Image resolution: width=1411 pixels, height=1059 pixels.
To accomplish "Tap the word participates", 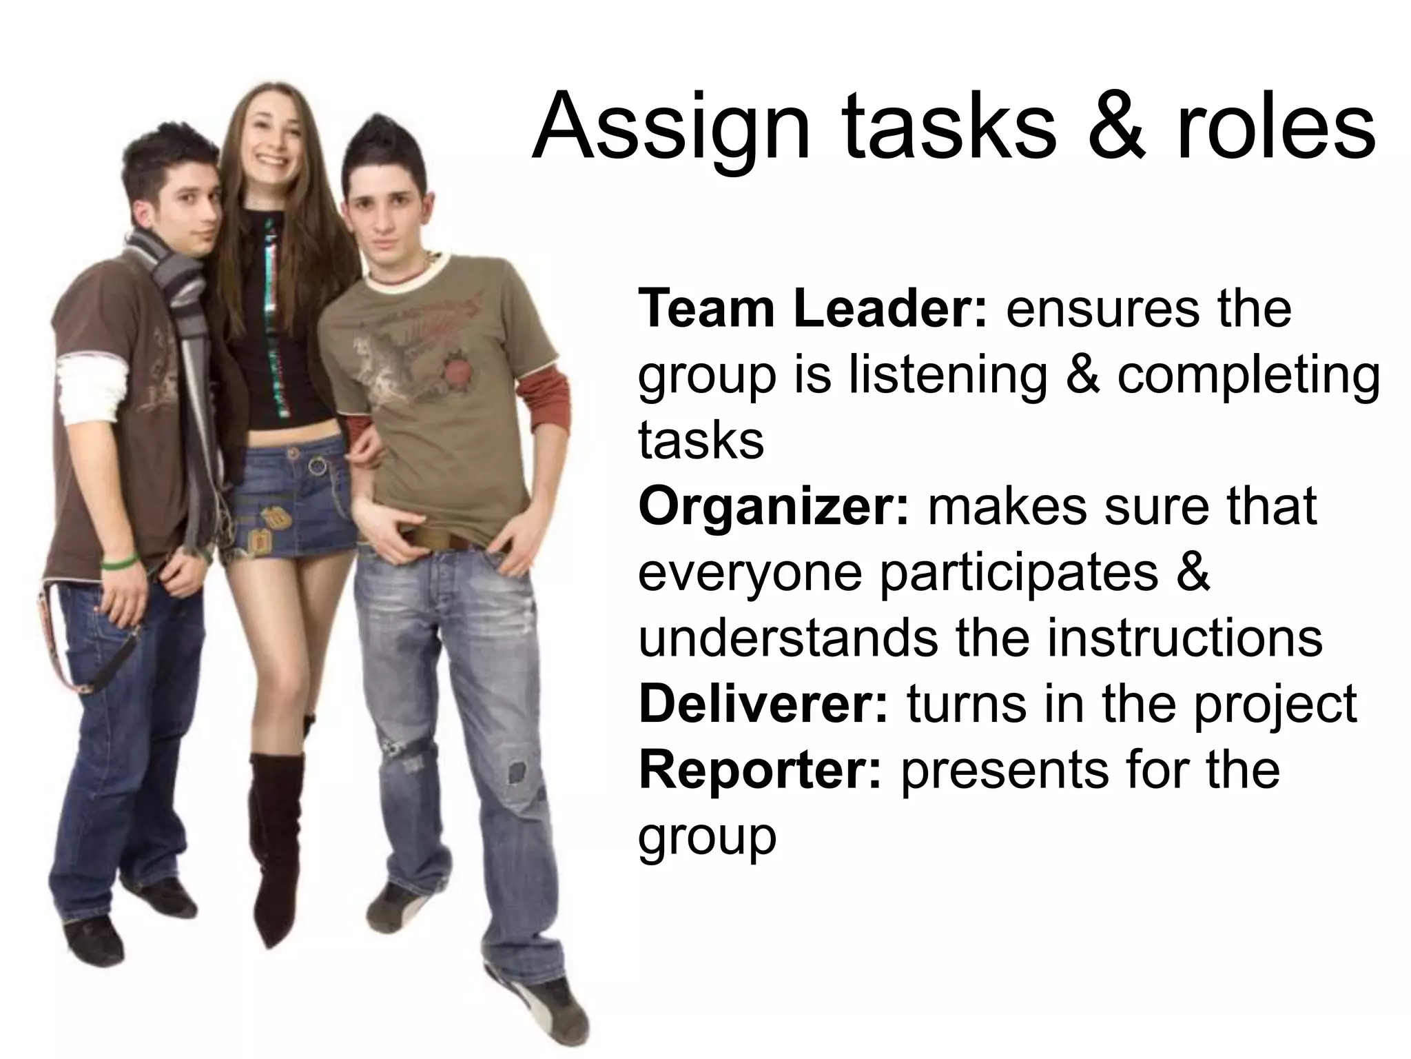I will coord(1020,572).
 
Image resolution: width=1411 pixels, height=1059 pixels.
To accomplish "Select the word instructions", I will coord(1184,638).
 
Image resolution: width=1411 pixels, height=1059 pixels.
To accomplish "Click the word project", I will coord(1275,705).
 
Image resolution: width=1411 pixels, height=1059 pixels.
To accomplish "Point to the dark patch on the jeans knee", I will coord(515,772).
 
